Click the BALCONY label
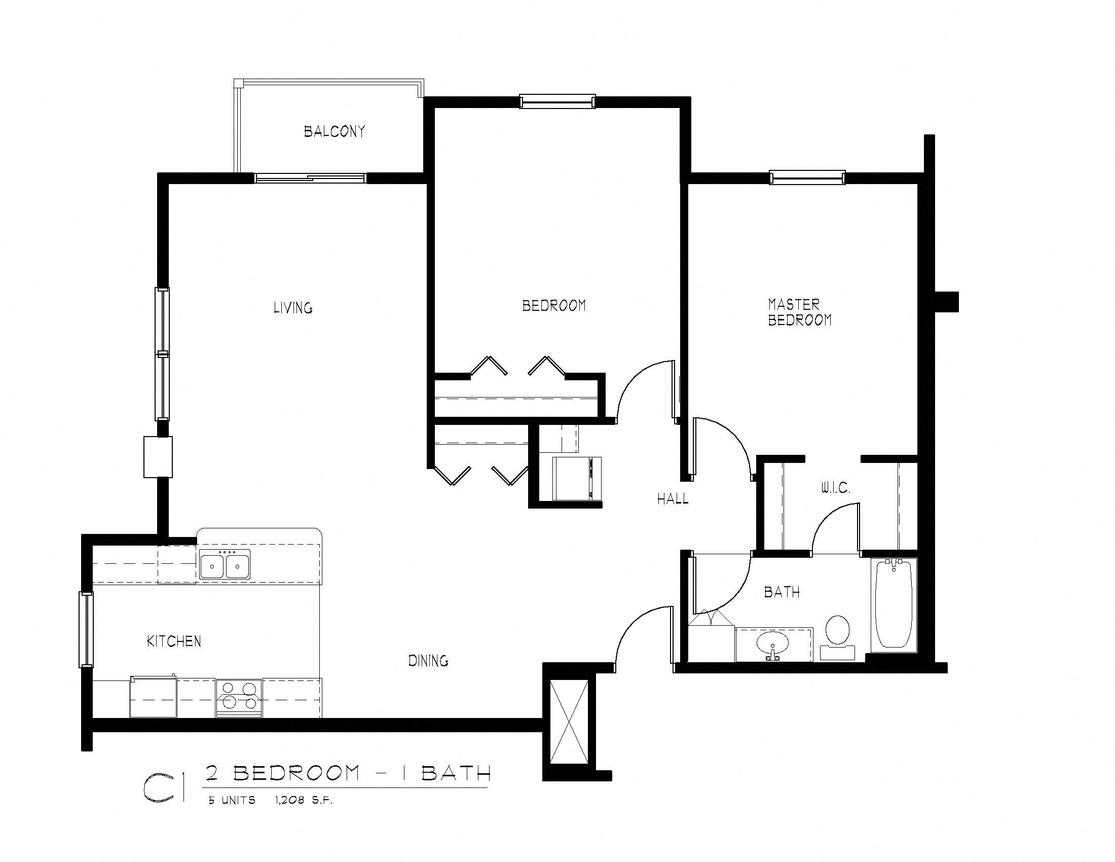pyautogui.click(x=334, y=132)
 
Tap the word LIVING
pyautogui.click(x=292, y=308)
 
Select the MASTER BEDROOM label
pyautogui.click(x=799, y=312)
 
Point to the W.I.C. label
pyautogui.click(x=835, y=488)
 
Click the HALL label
pyautogui.click(x=673, y=499)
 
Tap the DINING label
pyautogui.click(x=428, y=661)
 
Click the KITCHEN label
pyautogui.click(x=173, y=641)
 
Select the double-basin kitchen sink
pyautogui.click(x=225, y=565)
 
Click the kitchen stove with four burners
pyautogui.click(x=238, y=697)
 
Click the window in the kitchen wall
pyautogui.click(x=86, y=629)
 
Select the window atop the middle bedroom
pyautogui.click(x=557, y=101)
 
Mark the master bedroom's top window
pyautogui.click(x=807, y=177)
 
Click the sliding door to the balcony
pyautogui.click(x=310, y=178)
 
